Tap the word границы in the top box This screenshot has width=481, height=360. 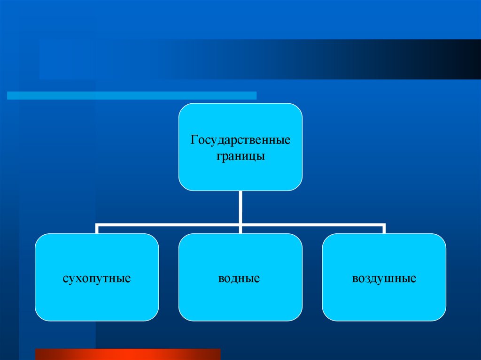[240, 156]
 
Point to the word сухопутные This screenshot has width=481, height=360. [96, 278]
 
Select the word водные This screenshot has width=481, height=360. [239, 278]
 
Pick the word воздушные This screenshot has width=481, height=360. [384, 278]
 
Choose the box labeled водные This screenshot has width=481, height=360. [240, 300]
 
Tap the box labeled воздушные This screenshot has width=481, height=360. [384, 300]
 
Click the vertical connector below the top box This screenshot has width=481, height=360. [240, 207]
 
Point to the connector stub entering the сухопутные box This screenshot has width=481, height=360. [97, 229]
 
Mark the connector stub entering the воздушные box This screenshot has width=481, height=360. [384, 229]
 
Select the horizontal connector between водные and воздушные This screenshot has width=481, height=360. [312, 224]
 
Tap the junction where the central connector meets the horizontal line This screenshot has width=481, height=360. [240, 225]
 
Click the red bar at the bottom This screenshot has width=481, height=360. [128, 354]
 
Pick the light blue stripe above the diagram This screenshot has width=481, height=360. [132, 96]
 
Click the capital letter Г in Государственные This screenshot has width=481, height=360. [194, 140]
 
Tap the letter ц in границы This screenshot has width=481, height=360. [252, 156]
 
